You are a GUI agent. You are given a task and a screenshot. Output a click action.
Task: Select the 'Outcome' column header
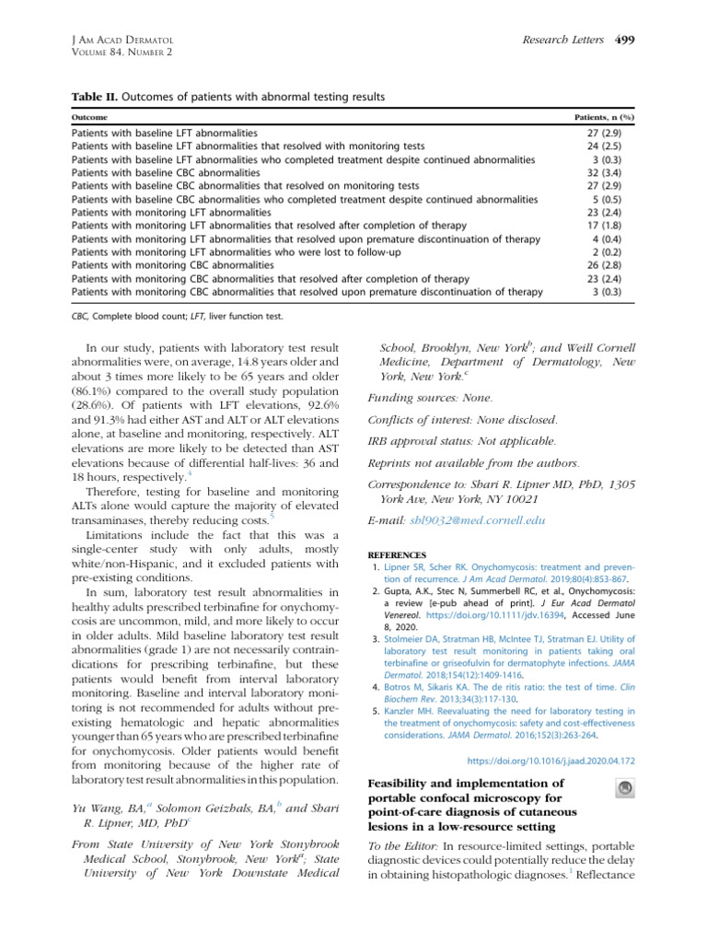(89, 118)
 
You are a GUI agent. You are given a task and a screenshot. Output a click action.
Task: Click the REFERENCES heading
(398, 555)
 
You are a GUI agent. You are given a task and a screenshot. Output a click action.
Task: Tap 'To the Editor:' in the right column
(401, 846)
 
